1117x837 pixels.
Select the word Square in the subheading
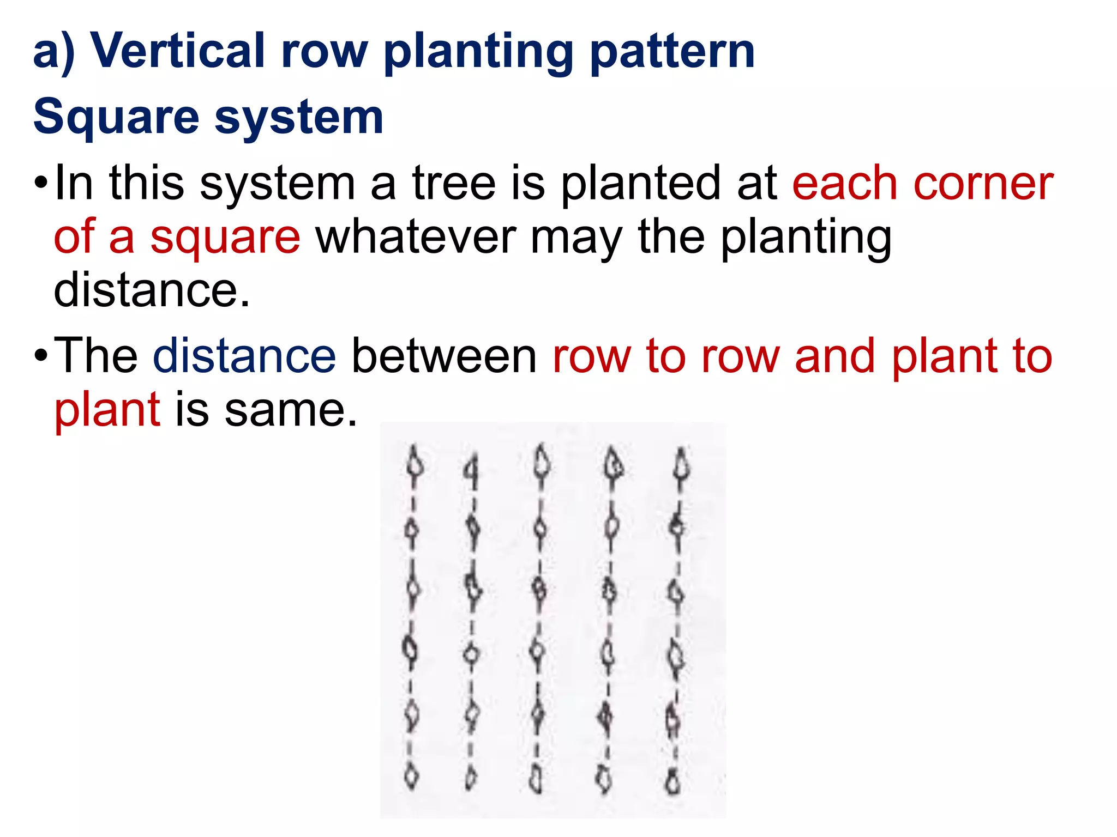coord(116,117)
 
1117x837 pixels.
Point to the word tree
coord(454,183)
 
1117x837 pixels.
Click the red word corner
coord(983,184)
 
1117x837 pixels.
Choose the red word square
coord(225,238)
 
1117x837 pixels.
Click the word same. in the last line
coord(291,410)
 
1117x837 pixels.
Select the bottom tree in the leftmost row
coord(412,777)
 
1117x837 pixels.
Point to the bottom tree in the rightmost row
coord(674,781)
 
